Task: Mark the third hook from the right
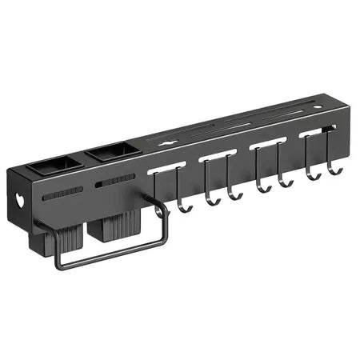click(x=286, y=182)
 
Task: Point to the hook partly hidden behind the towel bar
click(x=182, y=206)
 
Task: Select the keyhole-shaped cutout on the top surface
click(x=166, y=144)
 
